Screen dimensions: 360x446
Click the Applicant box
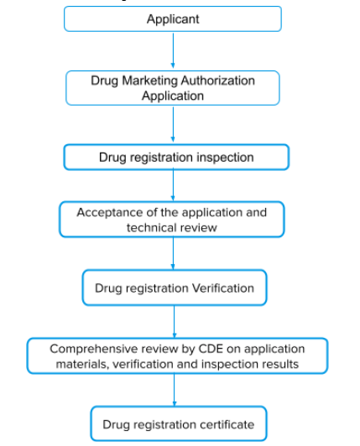(173, 18)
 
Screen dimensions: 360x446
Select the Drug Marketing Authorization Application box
(173, 88)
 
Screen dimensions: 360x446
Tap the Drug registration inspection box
(176, 157)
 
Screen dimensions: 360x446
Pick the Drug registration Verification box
(175, 288)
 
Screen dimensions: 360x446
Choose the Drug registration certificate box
(179, 424)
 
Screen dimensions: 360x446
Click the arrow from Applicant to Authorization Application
(173, 50)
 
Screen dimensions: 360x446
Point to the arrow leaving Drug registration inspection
(173, 185)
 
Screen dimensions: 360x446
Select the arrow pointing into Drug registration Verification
(173, 253)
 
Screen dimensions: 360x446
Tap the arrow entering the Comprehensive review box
(175, 322)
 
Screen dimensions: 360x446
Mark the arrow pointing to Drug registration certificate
(175, 390)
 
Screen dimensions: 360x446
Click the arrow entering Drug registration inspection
(173, 124)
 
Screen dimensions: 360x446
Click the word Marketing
(150, 80)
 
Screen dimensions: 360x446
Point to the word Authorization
(217, 80)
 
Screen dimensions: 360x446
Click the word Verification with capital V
(222, 288)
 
